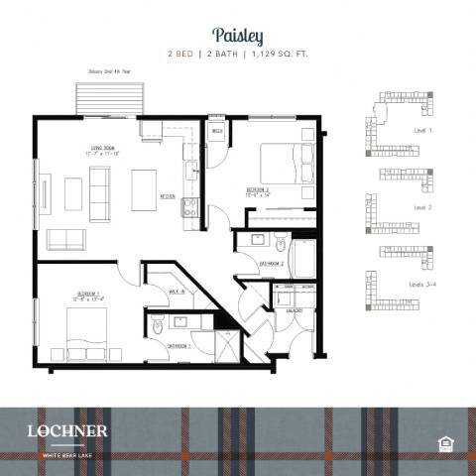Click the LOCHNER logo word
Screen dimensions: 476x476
tap(68, 430)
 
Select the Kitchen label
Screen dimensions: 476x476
tap(168, 195)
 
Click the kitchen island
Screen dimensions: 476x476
tap(144, 188)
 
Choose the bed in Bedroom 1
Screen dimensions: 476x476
tap(86, 332)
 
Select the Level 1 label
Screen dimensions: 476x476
tap(423, 129)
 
